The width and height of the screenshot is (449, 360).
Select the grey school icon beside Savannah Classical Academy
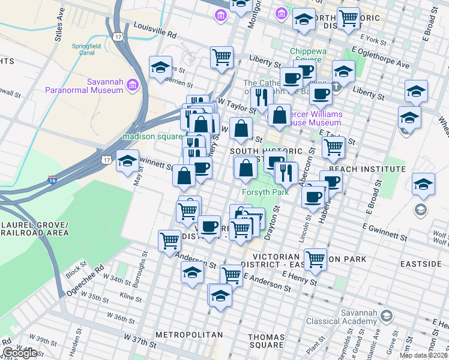point(387,316)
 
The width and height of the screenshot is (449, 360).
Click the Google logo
point(20,353)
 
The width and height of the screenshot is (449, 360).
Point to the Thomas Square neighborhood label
point(266,341)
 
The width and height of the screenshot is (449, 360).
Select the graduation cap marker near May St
point(127,161)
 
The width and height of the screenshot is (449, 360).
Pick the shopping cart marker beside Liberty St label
point(221,57)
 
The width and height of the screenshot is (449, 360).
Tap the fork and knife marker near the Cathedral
point(261,98)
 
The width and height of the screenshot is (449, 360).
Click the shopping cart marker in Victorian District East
point(315,259)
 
